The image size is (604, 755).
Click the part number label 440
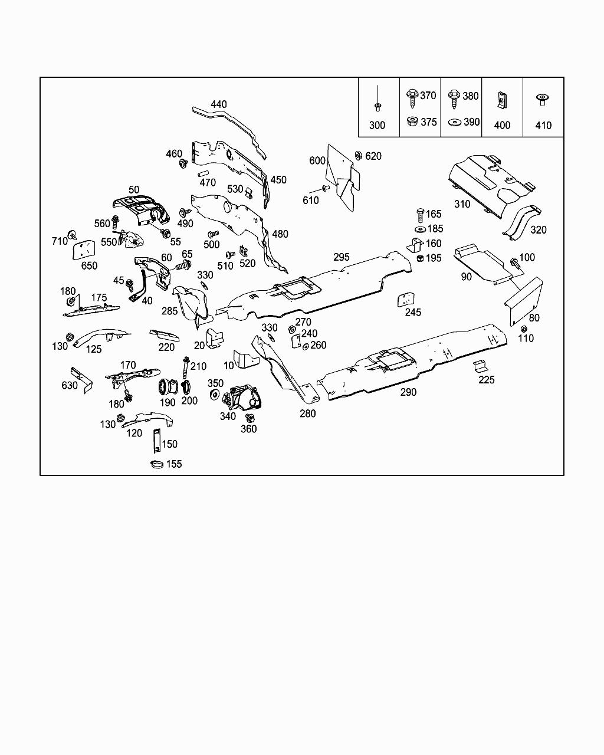point(219,104)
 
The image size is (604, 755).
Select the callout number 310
point(462,204)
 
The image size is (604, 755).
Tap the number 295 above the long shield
point(342,257)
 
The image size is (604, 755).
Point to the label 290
point(408,392)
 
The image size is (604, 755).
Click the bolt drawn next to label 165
point(420,215)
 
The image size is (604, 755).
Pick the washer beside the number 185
point(420,229)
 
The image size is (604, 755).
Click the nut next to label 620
point(359,155)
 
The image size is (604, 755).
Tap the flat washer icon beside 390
point(455,123)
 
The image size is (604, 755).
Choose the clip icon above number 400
point(502,100)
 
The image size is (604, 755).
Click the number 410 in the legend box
point(543,125)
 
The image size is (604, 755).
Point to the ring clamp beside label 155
point(157,465)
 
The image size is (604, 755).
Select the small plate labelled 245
point(405,299)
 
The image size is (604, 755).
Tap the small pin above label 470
point(203,173)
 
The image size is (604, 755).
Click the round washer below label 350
point(214,395)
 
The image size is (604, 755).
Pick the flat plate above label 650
point(84,250)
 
